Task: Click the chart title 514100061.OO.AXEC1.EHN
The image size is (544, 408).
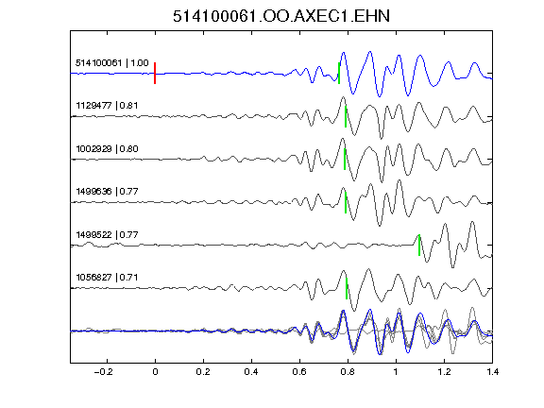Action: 281,16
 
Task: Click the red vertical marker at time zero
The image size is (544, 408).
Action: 155,74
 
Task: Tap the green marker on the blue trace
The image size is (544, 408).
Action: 339,74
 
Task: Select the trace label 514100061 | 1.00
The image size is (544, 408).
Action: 112,62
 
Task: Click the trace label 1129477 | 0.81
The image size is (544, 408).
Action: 107,105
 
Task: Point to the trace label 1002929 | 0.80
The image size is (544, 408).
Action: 107,149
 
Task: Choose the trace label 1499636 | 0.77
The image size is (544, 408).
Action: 107,191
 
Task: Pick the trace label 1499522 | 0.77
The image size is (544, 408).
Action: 107,235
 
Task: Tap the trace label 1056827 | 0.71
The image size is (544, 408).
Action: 107,278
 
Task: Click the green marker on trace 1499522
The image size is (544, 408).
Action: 419,246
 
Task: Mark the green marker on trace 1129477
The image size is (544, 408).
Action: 346,116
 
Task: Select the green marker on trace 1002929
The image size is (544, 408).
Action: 345,160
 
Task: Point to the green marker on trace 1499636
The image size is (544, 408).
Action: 346,202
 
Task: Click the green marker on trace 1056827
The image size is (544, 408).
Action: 347,288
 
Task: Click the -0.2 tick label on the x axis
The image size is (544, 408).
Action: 104,372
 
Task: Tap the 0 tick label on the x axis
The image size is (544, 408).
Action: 155,372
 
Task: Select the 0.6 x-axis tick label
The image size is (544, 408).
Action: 299,372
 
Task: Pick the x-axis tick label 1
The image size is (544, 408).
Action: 396,372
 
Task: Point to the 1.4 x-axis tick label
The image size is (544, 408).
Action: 492,372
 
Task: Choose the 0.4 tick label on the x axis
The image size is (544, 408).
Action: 251,372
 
